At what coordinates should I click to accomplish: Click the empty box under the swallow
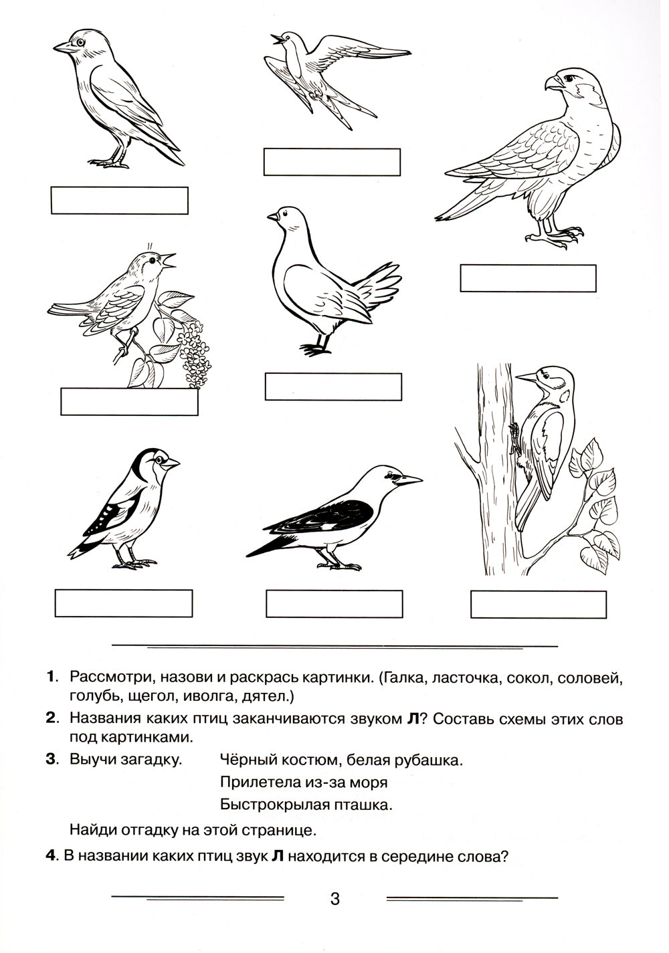coord(332,162)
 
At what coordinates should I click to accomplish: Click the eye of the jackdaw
coord(80,42)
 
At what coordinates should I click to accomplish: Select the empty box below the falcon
coord(528,278)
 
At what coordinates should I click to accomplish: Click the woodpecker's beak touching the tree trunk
coord(527,379)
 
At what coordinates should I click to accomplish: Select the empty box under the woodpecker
coord(539,605)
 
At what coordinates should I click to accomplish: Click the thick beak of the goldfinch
coord(171,462)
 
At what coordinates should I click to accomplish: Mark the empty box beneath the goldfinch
coord(124,603)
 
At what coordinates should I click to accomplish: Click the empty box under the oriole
coord(334,604)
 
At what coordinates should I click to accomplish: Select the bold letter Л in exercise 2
coord(413,720)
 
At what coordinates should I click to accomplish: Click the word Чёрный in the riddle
coord(244,760)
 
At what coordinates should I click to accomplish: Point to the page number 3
coord(335,899)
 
